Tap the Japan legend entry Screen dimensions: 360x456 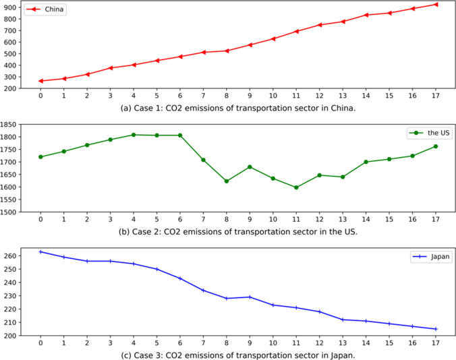pyautogui.click(x=428, y=257)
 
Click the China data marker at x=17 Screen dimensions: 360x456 pyautogui.click(x=436, y=4)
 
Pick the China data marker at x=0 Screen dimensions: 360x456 pyautogui.click(x=40, y=81)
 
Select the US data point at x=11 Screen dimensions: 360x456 pyautogui.click(x=296, y=187)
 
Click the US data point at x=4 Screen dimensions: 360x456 pyautogui.click(x=134, y=135)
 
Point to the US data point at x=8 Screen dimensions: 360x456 pyautogui.click(x=227, y=181)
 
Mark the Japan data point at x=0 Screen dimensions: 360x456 pyautogui.click(x=40, y=251)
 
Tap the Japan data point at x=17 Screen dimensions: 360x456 pyautogui.click(x=436, y=329)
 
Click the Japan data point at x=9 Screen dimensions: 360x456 pyautogui.click(x=250, y=297)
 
